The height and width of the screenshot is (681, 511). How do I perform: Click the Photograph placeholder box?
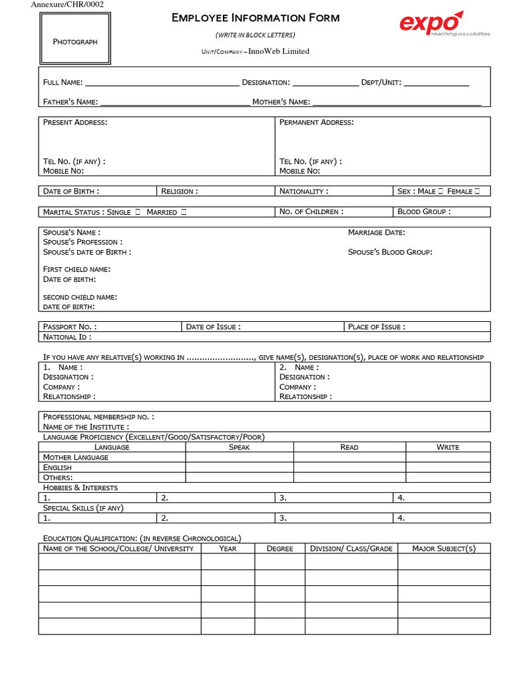coord(75,41)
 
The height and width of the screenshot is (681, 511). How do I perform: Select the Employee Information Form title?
coord(255,18)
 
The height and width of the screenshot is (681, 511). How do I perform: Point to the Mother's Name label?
coord(281,102)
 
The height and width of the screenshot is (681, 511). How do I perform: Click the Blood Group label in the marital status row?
coord(424,211)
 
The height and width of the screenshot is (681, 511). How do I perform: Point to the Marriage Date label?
coord(377,232)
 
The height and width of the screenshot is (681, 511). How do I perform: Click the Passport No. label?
coord(70,327)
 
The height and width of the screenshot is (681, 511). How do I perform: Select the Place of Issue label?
coord(377,327)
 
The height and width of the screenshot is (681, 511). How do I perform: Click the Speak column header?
coord(239,447)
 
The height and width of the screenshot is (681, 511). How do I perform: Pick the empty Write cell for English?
coord(448,468)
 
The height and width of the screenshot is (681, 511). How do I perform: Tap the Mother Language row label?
coord(76,458)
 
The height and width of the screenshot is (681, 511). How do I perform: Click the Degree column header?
coord(279,549)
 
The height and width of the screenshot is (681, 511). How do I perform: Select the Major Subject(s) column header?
coord(444,549)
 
